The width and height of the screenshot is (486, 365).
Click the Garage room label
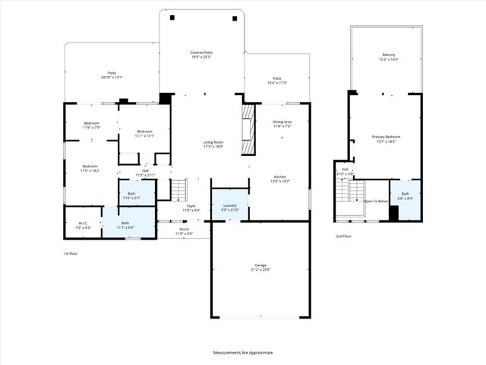260,268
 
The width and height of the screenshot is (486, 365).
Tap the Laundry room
229,207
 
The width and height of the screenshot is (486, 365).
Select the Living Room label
213,144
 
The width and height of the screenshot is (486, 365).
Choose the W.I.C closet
83,225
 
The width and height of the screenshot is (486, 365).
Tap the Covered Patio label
201,55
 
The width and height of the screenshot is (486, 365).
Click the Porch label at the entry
184,231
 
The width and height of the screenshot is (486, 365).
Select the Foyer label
191,208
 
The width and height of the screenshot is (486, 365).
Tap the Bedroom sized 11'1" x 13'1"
144,134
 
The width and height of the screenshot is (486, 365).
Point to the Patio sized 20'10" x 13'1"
112,75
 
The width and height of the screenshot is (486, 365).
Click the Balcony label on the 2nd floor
388,57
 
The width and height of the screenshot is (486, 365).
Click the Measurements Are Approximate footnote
243,352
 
